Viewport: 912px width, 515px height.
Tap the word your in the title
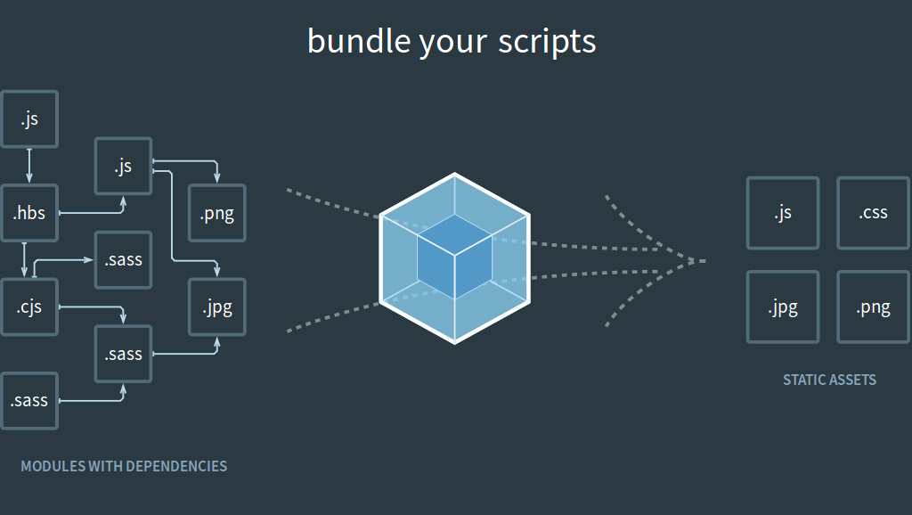coord(450,42)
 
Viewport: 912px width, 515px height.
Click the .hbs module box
coord(29,214)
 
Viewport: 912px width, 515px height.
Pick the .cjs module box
coord(29,307)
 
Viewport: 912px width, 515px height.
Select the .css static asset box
coord(873,213)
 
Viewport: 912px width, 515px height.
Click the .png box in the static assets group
coord(873,307)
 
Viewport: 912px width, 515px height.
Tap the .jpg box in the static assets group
coord(782,307)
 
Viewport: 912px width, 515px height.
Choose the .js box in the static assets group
coord(782,213)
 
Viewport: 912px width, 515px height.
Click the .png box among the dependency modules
coord(216,214)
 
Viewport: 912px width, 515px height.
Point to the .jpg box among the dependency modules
coord(216,307)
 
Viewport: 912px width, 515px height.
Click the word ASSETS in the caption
coord(855,380)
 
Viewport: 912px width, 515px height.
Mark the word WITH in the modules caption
coord(106,466)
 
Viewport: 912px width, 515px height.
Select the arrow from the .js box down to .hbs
coord(29,166)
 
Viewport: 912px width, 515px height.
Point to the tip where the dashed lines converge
coord(704,261)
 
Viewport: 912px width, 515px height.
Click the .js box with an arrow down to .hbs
coord(29,119)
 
